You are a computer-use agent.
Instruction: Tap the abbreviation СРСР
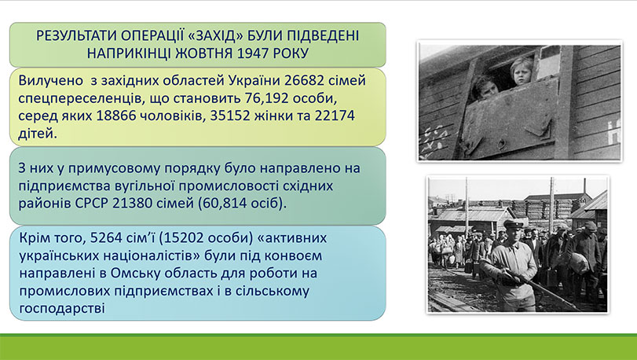click(92, 203)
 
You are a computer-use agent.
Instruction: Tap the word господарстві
click(62, 308)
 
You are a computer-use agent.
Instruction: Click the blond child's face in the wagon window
click(521, 71)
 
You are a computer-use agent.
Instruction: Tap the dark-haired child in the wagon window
click(485, 87)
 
